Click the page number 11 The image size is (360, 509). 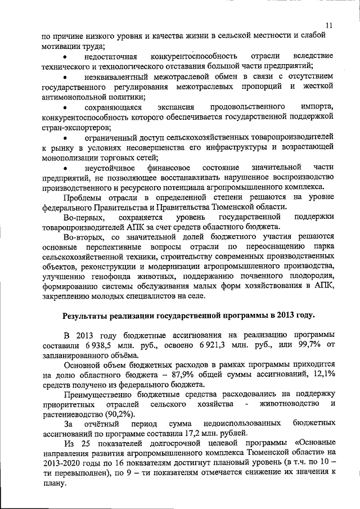click(x=328, y=24)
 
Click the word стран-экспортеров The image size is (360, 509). click(x=76, y=127)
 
